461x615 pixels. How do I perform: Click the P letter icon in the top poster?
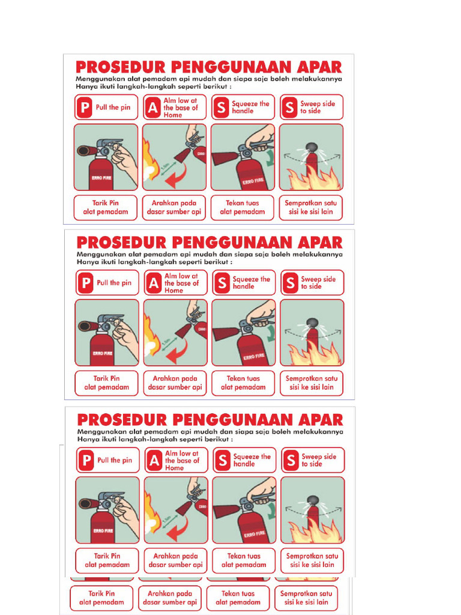click(85, 108)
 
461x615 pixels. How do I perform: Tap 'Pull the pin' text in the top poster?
click(113, 108)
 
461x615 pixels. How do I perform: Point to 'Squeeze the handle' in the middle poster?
click(252, 283)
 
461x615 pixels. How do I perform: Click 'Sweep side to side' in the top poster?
click(318, 108)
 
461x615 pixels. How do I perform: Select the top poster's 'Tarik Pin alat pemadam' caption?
click(106, 208)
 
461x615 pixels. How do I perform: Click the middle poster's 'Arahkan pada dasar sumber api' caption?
click(175, 383)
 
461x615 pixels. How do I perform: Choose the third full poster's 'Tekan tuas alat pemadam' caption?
click(244, 560)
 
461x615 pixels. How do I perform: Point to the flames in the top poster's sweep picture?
click(312, 179)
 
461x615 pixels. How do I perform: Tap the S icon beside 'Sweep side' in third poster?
click(291, 461)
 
